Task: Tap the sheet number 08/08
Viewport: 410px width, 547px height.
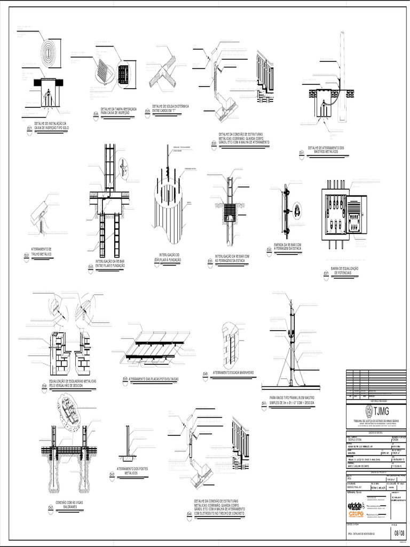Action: [400, 533]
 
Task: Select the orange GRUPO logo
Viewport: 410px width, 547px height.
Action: [356, 514]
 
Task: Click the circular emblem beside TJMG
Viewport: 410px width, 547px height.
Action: [368, 411]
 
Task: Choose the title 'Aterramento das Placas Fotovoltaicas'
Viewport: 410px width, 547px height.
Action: [153, 378]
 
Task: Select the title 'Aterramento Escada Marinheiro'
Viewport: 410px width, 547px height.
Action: [233, 371]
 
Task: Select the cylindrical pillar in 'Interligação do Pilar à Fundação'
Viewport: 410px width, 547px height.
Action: [168, 211]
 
